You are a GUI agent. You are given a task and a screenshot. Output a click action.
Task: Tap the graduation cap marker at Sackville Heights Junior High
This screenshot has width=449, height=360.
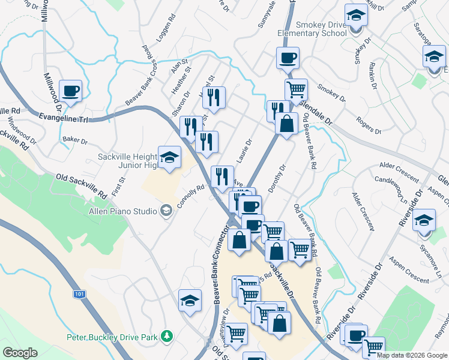169,158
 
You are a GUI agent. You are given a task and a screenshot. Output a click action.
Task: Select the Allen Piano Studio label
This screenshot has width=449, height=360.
122,211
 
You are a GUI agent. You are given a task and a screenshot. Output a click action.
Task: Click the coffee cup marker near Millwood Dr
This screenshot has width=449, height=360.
71,91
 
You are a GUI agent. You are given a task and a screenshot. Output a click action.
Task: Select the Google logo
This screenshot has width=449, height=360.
20,352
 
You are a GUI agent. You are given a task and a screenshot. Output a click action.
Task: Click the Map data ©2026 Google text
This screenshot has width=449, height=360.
412,355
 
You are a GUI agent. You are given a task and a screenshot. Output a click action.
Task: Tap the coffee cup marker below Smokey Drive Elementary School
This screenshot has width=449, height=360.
287,59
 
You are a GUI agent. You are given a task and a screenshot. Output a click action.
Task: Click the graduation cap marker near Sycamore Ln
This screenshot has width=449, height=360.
424,220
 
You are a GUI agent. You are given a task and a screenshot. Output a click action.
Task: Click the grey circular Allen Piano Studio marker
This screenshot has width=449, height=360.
166,210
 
